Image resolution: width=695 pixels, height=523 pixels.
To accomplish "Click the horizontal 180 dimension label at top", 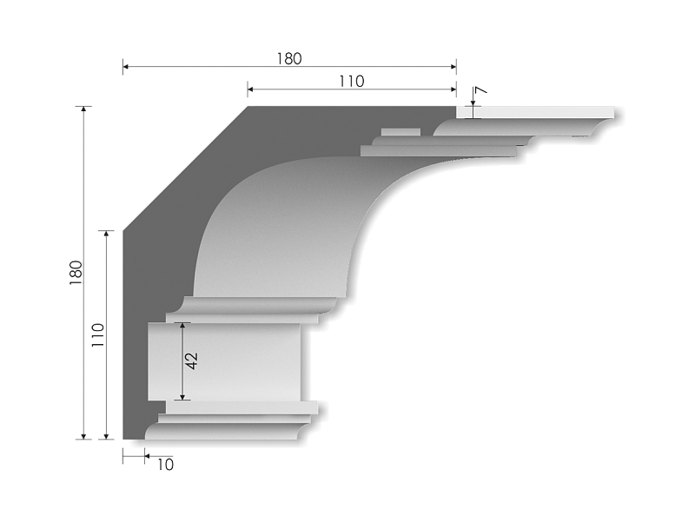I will (288, 59).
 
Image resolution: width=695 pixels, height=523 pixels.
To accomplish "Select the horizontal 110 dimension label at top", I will (350, 82).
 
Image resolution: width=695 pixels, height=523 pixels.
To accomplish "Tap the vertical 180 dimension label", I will (76, 273).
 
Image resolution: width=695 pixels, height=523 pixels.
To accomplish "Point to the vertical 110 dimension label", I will (97, 334).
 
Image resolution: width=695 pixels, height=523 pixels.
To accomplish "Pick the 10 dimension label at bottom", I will (165, 465).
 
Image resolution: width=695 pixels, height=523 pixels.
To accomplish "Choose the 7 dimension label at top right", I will (480, 92).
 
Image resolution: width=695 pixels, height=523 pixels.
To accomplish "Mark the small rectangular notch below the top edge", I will (400, 133).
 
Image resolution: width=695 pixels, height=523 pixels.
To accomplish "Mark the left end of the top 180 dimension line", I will (123, 66).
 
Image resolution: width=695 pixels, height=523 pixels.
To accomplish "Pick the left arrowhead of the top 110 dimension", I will (250, 88).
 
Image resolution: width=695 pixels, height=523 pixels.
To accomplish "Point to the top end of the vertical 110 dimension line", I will (106, 232).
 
